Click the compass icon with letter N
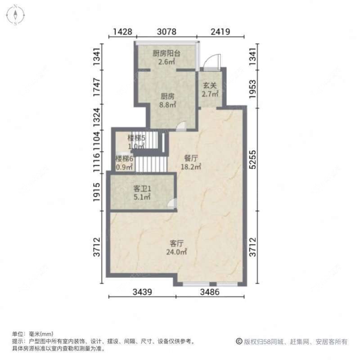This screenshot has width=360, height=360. [x=16, y=14]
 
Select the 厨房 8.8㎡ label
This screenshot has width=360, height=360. [x=168, y=100]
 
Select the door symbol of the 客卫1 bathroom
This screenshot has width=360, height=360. [x=171, y=204]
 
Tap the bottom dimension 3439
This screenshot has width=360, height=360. [x=142, y=292]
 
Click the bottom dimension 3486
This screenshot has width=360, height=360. [x=210, y=292]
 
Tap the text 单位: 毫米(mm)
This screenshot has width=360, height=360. [x=32, y=334]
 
